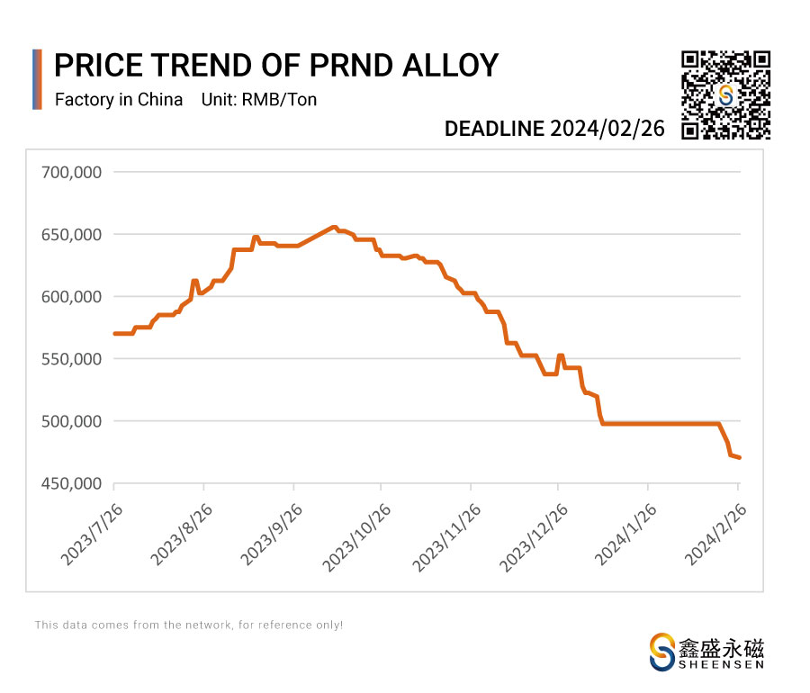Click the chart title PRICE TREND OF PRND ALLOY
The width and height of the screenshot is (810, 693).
point(276,66)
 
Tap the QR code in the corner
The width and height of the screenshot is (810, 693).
point(725,95)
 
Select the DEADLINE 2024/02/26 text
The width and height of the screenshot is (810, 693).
point(554,129)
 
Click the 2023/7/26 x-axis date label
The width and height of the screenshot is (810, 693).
point(90,534)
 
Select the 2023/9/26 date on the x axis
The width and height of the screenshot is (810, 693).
point(268,534)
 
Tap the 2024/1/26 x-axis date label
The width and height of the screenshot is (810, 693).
point(623,534)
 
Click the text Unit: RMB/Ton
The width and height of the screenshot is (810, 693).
point(261,100)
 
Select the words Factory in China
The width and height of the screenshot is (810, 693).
point(119,100)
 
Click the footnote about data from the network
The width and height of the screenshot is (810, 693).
point(189,624)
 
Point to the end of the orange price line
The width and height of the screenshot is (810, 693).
point(739,458)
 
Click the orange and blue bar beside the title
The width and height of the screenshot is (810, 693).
point(37,79)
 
